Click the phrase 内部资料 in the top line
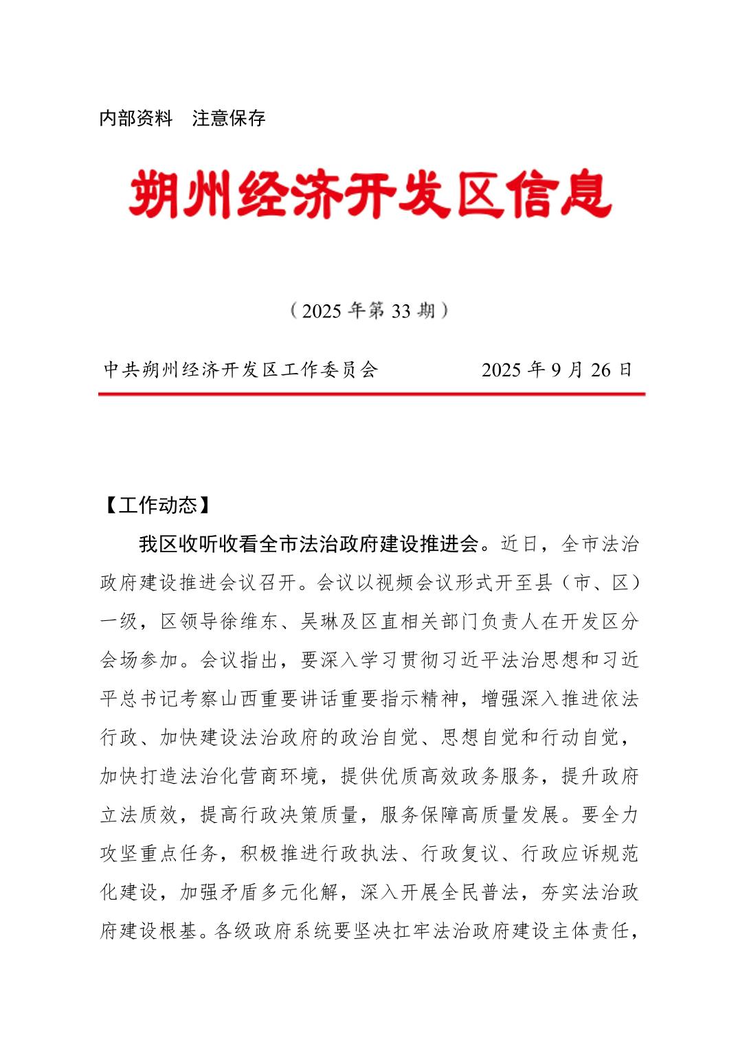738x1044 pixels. [x=136, y=118]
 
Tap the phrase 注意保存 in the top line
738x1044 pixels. [x=229, y=118]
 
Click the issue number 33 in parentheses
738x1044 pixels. [x=401, y=311]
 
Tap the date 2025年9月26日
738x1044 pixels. [x=557, y=370]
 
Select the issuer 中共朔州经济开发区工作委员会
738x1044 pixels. [x=241, y=370]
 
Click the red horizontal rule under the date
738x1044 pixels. [x=371, y=394]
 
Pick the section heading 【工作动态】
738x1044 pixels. [x=158, y=506]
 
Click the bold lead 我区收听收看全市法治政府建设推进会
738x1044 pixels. [x=309, y=545]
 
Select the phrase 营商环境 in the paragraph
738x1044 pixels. [x=280, y=776]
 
